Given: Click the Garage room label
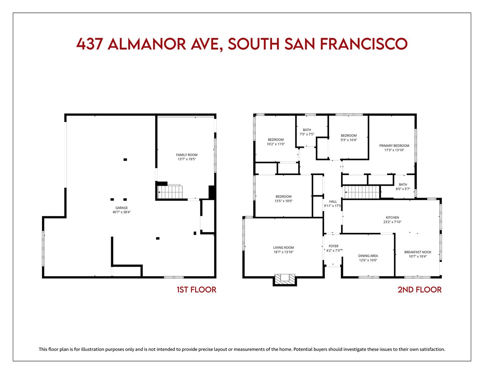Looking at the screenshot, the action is (121, 208).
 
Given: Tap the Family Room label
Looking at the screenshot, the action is (187, 155).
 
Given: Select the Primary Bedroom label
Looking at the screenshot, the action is (394, 146).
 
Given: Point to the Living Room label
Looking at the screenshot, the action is (283, 247).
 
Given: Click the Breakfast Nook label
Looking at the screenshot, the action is (417, 252).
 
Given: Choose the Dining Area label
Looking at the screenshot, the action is (368, 256).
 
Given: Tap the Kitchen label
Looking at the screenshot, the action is (392, 217).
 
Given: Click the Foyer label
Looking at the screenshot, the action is (334, 246).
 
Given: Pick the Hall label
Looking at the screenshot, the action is (333, 202).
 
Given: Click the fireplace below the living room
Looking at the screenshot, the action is (285, 279).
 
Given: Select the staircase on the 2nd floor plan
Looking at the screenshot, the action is (361, 192).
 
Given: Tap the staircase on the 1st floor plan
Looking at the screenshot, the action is (170, 192).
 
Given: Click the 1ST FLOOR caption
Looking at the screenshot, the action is (197, 290).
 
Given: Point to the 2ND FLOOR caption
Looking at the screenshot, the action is (419, 290).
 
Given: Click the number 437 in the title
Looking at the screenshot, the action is (89, 44).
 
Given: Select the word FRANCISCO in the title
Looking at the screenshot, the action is (364, 44).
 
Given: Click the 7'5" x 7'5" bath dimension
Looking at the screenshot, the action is (307, 134).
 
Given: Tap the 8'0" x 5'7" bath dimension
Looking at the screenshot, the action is (403, 189).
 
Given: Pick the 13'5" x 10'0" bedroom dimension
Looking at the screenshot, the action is (283, 201).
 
